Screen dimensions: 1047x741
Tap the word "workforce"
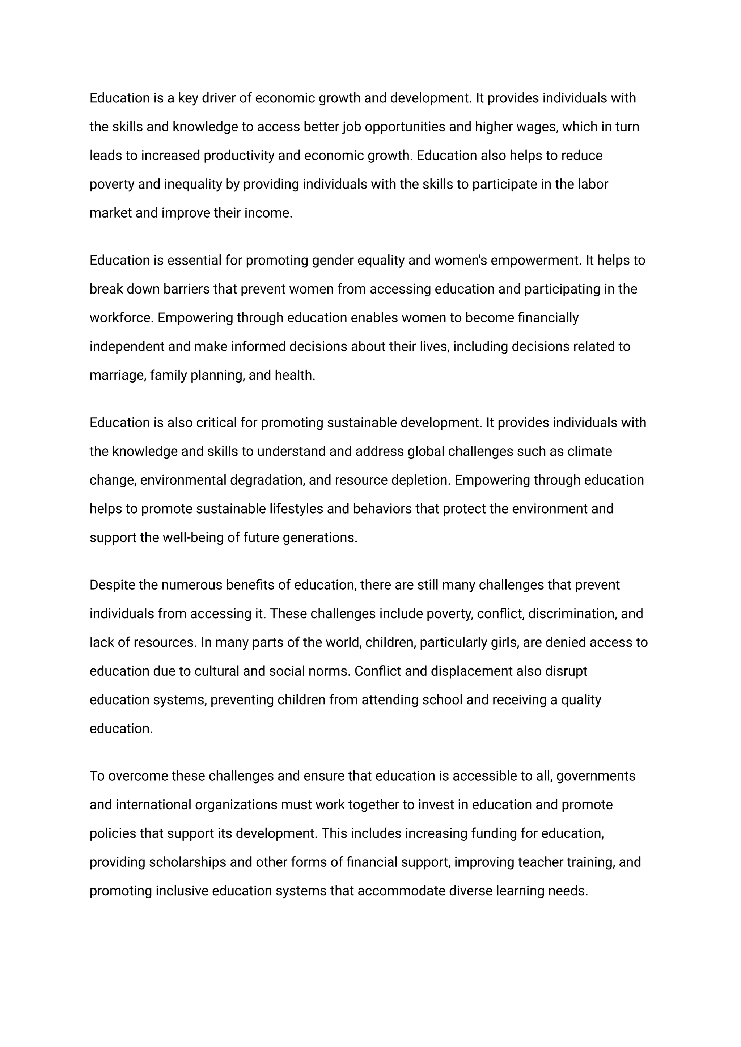[120, 318]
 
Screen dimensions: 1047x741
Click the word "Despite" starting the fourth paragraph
[112, 585]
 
